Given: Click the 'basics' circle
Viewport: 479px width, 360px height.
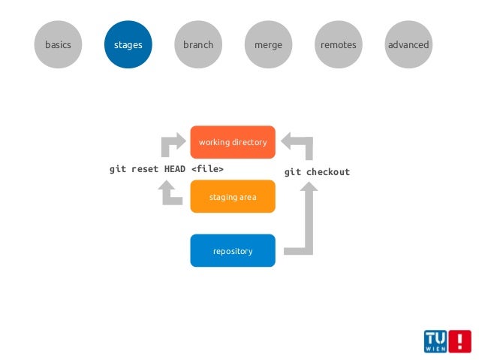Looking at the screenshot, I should point(58,45).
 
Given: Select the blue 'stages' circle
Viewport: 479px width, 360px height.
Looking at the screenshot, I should point(128,45).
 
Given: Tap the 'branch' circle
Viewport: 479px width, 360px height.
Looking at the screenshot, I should point(198,45).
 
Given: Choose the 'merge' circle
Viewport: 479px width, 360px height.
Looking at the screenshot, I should point(268,45).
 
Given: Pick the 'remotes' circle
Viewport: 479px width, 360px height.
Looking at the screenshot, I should point(338,45).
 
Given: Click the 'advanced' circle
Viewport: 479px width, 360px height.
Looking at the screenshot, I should point(408,45).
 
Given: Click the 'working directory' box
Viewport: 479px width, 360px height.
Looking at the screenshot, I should point(233,142).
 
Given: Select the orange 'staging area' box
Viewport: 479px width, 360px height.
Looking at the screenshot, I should point(233,197).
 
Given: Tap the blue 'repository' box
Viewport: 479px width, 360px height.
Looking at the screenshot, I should point(233,251).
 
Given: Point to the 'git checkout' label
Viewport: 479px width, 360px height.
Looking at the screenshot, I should point(317,172).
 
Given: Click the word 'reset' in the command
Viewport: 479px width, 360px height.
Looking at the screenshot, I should point(145,169).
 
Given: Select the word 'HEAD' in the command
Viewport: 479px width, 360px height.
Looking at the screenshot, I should point(176,169).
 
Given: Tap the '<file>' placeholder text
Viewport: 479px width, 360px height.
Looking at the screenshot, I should point(207,169).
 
